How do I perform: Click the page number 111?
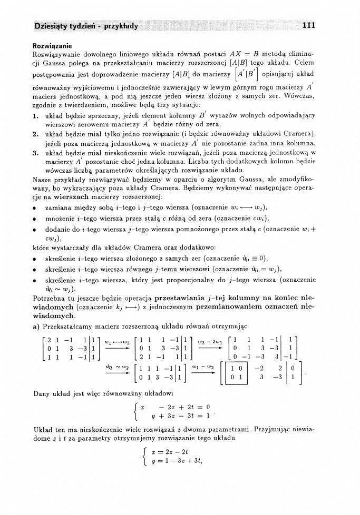(309, 25)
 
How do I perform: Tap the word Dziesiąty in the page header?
(52, 25)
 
